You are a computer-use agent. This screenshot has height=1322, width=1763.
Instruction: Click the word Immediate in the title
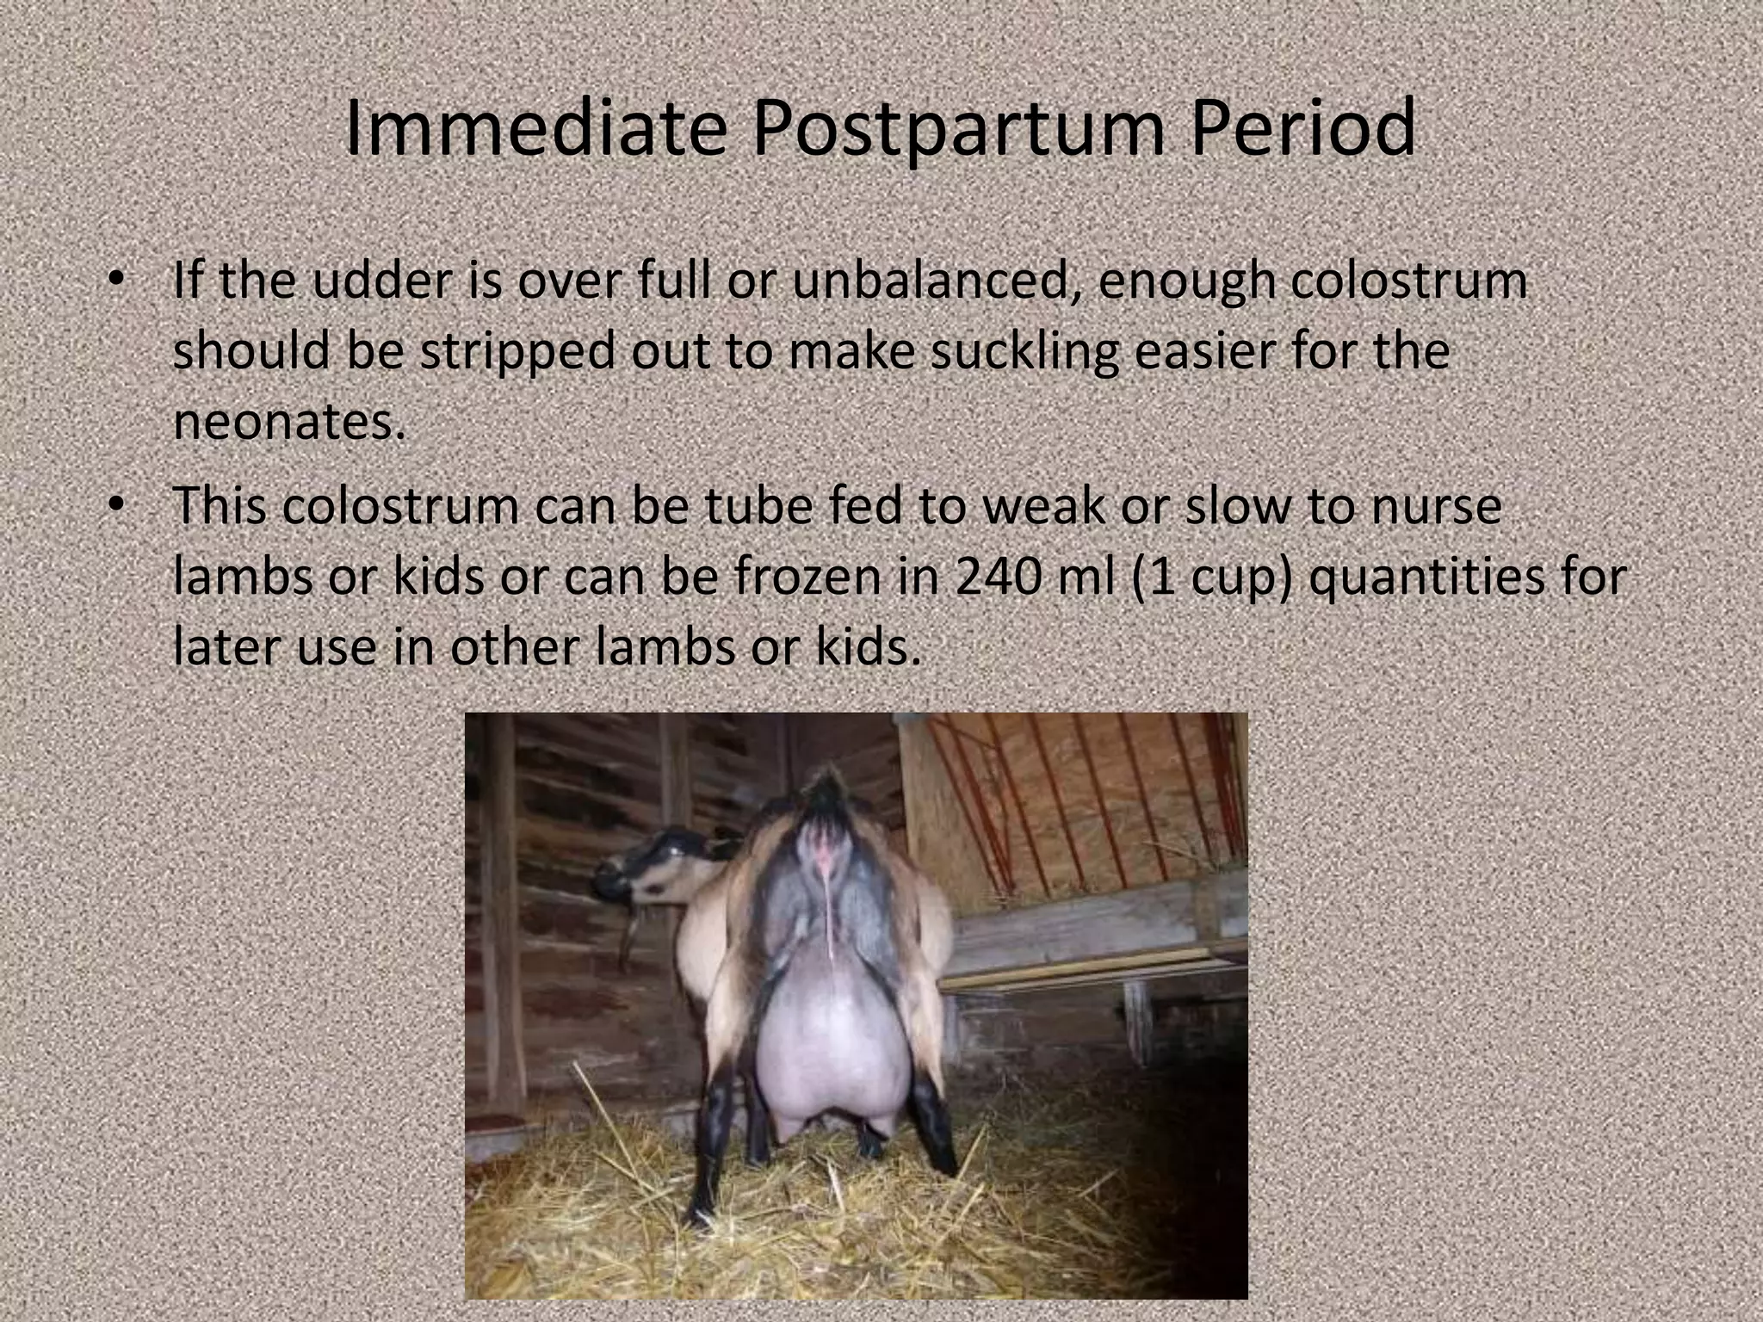(534, 129)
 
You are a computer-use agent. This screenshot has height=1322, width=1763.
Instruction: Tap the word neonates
(288, 422)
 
